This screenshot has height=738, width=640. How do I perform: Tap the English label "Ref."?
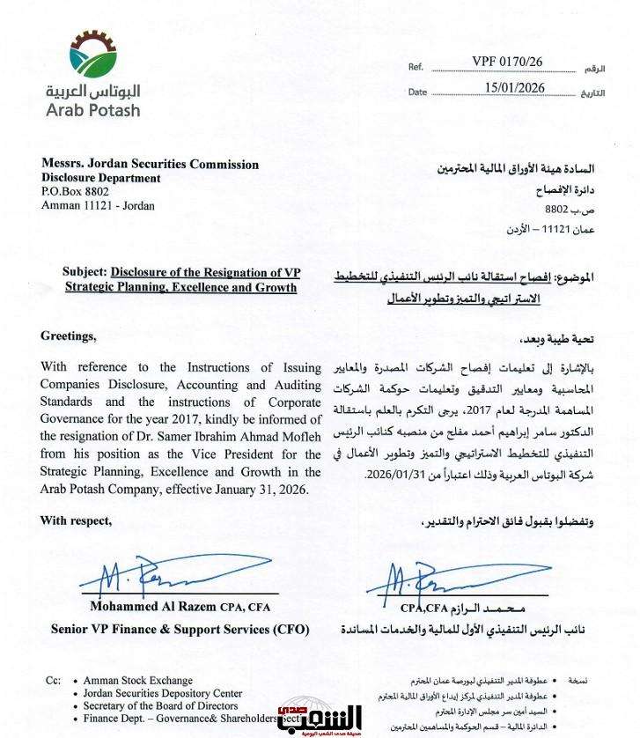[x=416, y=67]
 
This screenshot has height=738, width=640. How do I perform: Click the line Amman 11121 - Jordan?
[x=97, y=205]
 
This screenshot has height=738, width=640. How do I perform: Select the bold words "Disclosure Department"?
[x=100, y=178]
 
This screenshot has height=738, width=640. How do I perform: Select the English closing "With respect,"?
[x=77, y=520]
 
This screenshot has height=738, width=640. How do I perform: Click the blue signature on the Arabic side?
[x=423, y=581]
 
